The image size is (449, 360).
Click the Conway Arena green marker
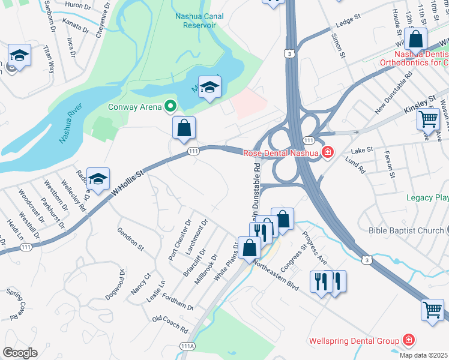click(170, 107)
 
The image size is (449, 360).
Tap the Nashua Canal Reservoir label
click(198, 21)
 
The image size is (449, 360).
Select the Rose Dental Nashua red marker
click(328, 152)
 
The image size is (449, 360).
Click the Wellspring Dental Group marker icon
click(409, 341)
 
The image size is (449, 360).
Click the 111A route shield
click(187, 346)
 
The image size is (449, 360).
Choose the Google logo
click(20, 352)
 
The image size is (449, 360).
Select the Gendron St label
click(131, 238)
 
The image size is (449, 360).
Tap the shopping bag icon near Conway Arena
click(184, 127)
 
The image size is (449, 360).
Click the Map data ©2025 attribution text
click(424, 355)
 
